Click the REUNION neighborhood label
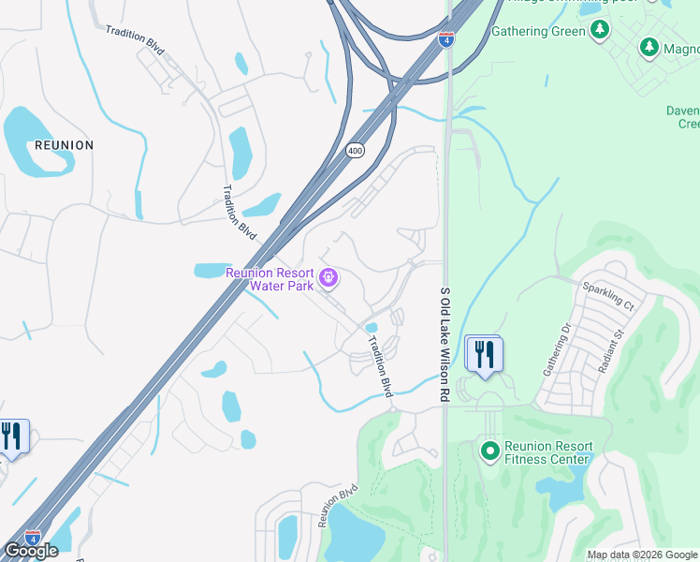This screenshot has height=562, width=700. click(64, 145)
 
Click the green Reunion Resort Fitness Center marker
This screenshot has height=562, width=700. click(489, 451)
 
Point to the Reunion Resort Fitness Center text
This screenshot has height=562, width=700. click(547, 452)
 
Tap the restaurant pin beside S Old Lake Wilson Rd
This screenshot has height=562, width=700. click(484, 356)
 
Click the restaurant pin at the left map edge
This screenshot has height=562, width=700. click(13, 437)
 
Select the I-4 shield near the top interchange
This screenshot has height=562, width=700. click(447, 39)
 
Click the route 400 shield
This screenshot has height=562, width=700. click(355, 150)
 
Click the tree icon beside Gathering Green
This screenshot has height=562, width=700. click(600, 30)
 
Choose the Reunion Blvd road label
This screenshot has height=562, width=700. click(339, 506)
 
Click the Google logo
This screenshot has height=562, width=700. click(31, 552)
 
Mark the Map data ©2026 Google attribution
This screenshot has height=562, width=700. click(642, 555)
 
